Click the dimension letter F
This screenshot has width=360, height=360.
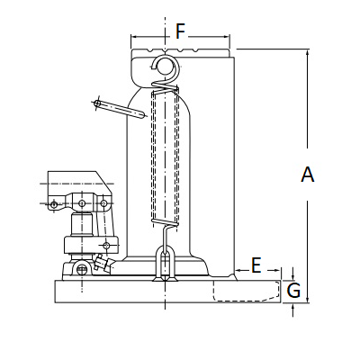pyautogui.click(x=180, y=31)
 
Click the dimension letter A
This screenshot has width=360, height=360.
pyautogui.click(x=308, y=175)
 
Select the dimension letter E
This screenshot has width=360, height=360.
pyautogui.click(x=256, y=265)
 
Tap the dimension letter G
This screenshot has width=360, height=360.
pyautogui.click(x=293, y=291)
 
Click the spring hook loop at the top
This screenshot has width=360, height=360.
pyautogui.click(x=165, y=65)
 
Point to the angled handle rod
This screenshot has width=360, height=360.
pyautogui.click(x=120, y=109)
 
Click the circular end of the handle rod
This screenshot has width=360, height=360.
pyautogui.click(x=97, y=103)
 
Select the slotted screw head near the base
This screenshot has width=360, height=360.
pyautogui.click(x=81, y=269)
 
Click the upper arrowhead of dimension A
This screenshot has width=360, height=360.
pyautogui.click(x=308, y=53)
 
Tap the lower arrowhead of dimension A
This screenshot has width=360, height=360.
pyautogui.click(x=308, y=299)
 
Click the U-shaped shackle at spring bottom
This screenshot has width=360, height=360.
pyautogui.click(x=165, y=263)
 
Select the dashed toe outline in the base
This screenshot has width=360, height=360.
pyautogui.click(x=247, y=291)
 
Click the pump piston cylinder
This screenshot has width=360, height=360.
pyautogui.click(x=81, y=224)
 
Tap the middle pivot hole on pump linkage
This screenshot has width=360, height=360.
pyautogui.click(x=82, y=203)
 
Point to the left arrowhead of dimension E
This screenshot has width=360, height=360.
pyautogui.click(x=239, y=270)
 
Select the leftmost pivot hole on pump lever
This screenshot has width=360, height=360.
pyautogui.click(x=54, y=204)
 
